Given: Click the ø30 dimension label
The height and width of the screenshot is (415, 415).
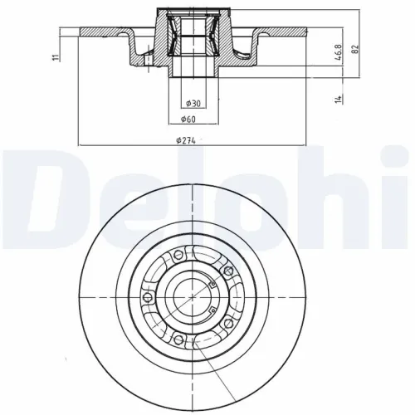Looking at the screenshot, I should (x=192, y=103).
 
